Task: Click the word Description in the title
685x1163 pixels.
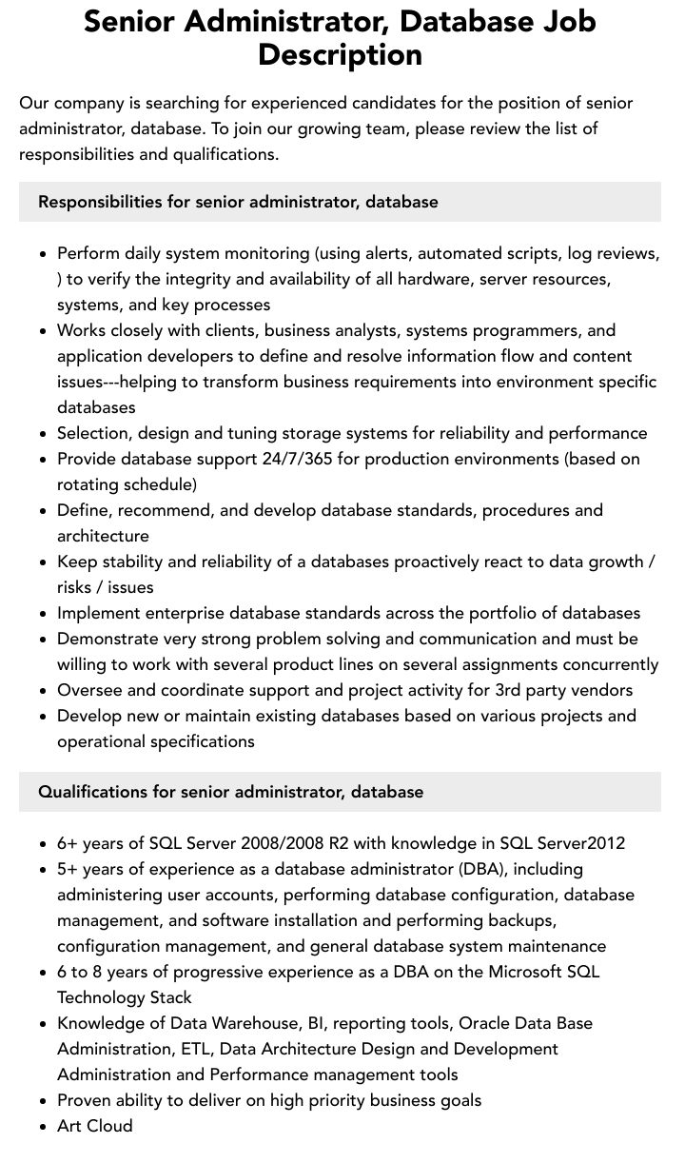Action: tap(340, 54)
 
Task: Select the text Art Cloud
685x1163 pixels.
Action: tap(95, 1126)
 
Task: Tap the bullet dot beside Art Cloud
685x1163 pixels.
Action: tap(44, 1127)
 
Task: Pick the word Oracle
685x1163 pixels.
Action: tap(485, 1023)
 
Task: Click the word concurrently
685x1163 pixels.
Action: tap(607, 664)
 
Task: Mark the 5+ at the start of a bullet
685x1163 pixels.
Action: tap(68, 869)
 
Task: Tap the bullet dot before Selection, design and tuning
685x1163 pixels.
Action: tap(44, 434)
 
